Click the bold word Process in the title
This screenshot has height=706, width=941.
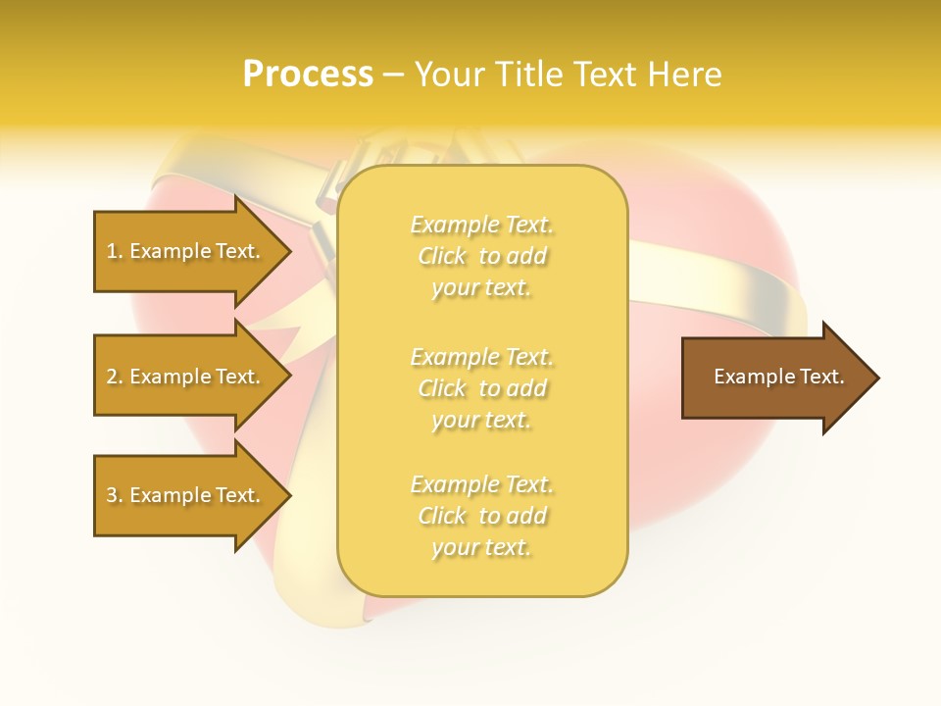click(308, 75)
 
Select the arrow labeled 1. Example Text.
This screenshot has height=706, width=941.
click(186, 252)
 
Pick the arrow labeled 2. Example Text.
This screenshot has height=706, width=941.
click(186, 377)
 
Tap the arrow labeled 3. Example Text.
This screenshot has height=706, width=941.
click(186, 495)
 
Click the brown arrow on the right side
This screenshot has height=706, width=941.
click(774, 378)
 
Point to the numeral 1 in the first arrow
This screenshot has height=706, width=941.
click(112, 251)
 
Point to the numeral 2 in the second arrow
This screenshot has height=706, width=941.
click(112, 377)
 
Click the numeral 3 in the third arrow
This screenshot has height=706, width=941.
click(112, 495)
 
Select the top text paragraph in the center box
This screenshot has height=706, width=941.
click(482, 256)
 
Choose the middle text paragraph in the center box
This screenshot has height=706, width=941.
click(482, 388)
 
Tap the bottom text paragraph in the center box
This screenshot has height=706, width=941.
click(482, 516)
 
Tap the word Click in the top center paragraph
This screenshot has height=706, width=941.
click(442, 257)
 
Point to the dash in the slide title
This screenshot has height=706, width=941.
click(392, 76)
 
